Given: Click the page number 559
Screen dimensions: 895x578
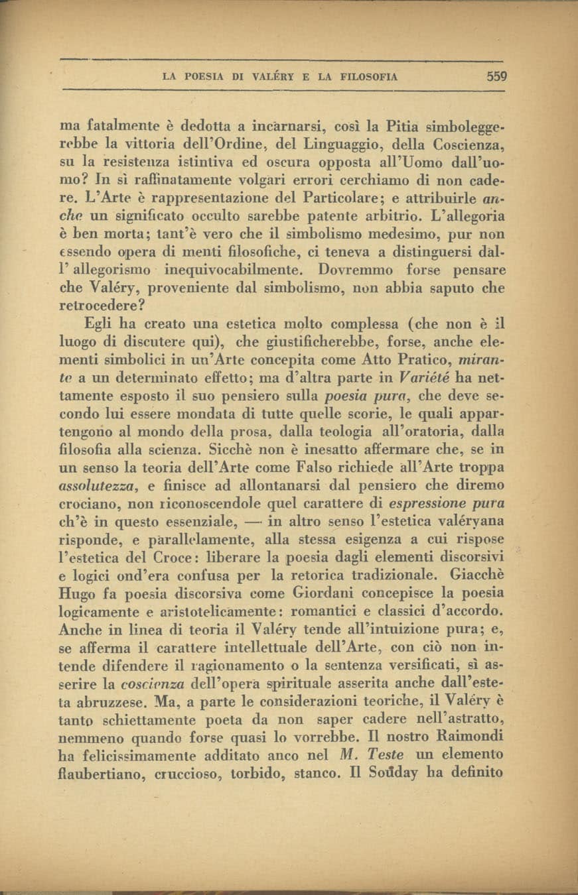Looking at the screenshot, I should click(x=496, y=76).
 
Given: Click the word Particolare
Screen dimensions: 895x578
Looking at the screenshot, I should click(x=328, y=198).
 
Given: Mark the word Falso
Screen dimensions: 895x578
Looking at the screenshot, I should click(x=305, y=467).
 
